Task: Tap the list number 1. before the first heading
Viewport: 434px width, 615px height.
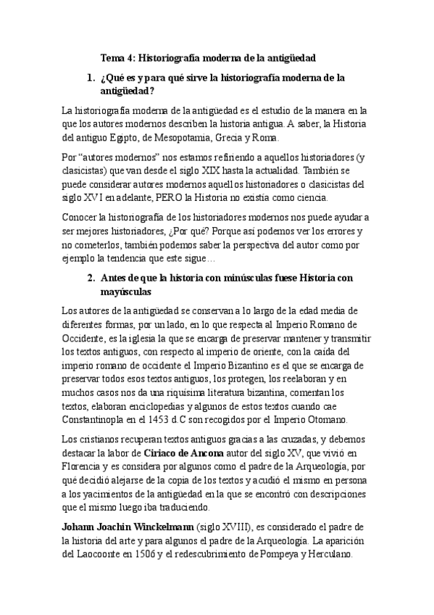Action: click(x=91, y=76)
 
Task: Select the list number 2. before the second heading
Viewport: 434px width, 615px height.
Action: click(x=91, y=278)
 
